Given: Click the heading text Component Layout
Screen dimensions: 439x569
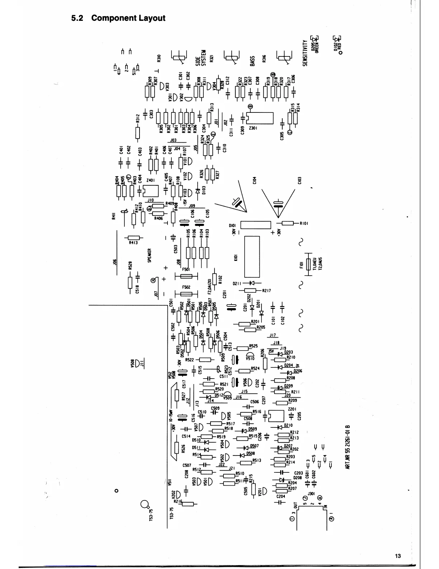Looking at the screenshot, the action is [128, 18].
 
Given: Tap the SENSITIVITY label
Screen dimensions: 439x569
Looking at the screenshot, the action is [305, 53].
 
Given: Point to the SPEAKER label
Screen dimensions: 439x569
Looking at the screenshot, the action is [150, 255].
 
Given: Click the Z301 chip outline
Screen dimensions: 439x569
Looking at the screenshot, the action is [261, 118].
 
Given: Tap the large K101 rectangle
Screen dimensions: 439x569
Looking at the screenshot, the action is [251, 255].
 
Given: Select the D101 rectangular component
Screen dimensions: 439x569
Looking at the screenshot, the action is [255, 225].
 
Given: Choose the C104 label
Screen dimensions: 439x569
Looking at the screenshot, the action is [254, 181].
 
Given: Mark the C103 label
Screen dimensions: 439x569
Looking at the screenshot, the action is [299, 180].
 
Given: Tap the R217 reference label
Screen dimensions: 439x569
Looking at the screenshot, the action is [266, 291].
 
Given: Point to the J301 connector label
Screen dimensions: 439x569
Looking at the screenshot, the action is [311, 494].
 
